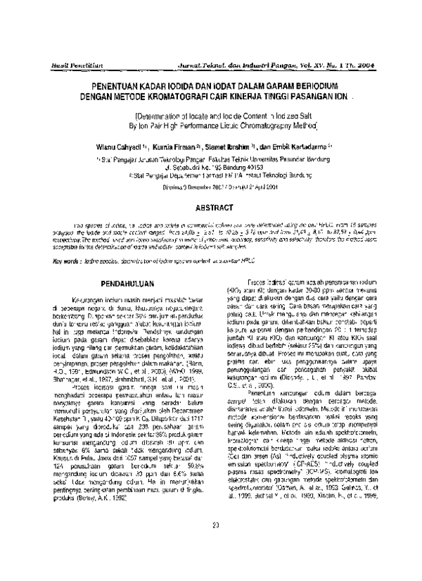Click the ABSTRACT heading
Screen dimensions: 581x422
click(210, 189)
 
